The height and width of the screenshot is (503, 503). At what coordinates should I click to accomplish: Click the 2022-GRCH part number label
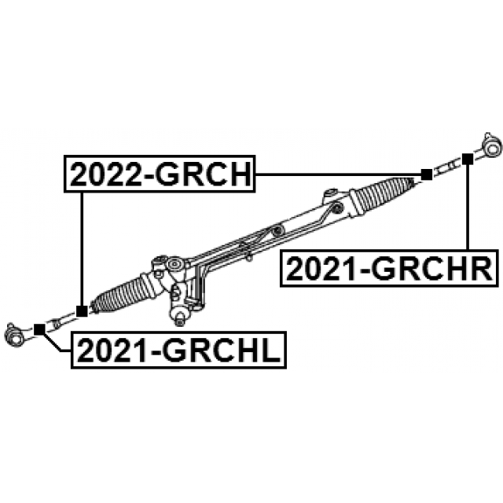click(x=160, y=174)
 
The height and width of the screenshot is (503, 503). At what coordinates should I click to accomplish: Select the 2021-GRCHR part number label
click(x=390, y=268)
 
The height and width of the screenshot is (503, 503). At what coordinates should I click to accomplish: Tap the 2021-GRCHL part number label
click(x=178, y=350)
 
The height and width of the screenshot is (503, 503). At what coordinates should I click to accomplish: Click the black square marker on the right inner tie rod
click(x=426, y=174)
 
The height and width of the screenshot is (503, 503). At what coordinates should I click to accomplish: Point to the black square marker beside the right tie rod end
click(x=467, y=159)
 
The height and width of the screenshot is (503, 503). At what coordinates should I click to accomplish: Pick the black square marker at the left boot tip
click(x=82, y=311)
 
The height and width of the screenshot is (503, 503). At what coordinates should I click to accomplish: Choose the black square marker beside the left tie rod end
click(x=39, y=329)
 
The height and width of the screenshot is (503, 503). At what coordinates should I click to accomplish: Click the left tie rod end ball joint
click(x=14, y=335)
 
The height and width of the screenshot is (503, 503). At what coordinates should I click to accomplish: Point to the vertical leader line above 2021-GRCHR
click(x=468, y=207)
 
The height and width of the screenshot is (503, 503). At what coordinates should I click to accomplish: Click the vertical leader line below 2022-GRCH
click(x=82, y=249)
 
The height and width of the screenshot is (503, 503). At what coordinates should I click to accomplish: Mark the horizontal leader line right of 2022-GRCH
click(x=338, y=174)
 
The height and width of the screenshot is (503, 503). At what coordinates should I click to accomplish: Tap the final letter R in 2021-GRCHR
click(x=482, y=269)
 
